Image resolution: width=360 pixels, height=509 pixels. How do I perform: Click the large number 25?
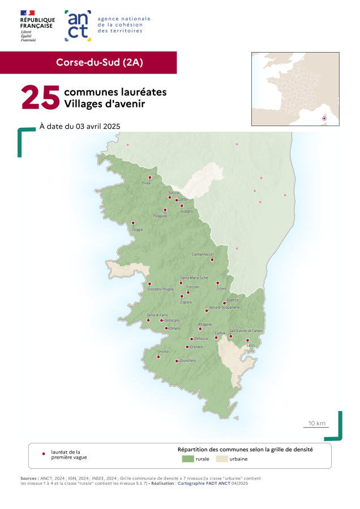point(41,97)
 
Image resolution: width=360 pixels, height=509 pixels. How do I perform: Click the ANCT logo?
point(78,25)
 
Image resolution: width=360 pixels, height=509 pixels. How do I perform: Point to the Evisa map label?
point(146,183)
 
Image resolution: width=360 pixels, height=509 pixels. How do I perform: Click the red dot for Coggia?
point(134,223)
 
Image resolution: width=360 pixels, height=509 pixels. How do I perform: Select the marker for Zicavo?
point(218,283)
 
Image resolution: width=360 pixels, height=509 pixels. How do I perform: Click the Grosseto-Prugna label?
point(160,289)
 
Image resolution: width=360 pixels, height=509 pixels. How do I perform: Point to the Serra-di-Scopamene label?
point(225,307)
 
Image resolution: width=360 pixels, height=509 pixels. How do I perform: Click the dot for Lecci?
point(247,340)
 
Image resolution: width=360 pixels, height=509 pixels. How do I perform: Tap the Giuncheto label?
point(188,360)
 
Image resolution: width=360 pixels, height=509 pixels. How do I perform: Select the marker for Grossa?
point(158,357)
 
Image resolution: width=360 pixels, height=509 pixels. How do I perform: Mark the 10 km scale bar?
point(316,426)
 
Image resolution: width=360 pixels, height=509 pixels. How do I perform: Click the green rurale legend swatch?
point(187,459)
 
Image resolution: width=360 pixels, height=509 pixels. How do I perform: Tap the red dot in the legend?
point(44,454)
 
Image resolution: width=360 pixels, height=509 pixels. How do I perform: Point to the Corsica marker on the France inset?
point(324,118)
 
